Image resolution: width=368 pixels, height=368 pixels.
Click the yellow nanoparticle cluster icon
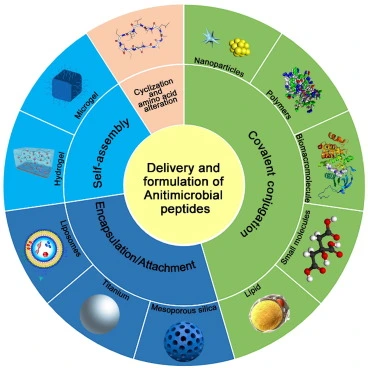[x=241, y=47]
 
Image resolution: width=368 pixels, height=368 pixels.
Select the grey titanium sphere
[x=108, y=318]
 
